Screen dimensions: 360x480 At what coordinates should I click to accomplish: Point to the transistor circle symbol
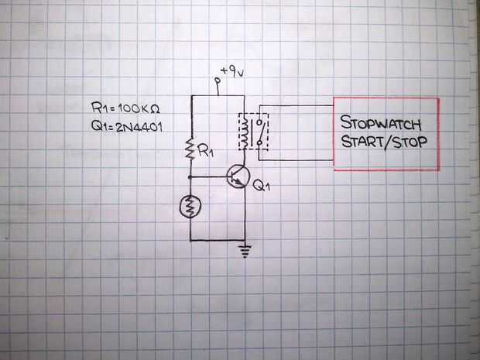pyautogui.click(x=238, y=177)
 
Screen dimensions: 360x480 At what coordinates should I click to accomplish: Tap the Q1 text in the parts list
pyautogui.click(x=99, y=127)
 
